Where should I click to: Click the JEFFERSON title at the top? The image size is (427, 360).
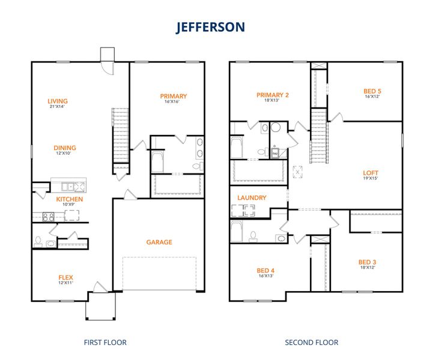210,28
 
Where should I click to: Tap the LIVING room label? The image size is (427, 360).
58,101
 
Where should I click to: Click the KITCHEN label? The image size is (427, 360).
70,199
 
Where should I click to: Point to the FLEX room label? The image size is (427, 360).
65,277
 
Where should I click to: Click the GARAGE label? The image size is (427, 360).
159,242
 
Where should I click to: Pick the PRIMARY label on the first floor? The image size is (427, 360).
173,96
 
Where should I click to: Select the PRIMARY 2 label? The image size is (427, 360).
273,95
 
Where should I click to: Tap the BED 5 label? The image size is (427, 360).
372,92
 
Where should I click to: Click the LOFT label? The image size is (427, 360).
371,173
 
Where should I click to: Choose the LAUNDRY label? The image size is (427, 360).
252,197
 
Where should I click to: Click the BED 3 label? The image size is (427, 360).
367,262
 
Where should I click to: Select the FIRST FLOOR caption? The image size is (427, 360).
105,343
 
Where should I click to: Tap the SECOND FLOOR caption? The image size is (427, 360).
311,343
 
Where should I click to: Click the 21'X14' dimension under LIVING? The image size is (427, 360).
58,107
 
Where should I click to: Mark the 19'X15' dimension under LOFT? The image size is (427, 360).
371,178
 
